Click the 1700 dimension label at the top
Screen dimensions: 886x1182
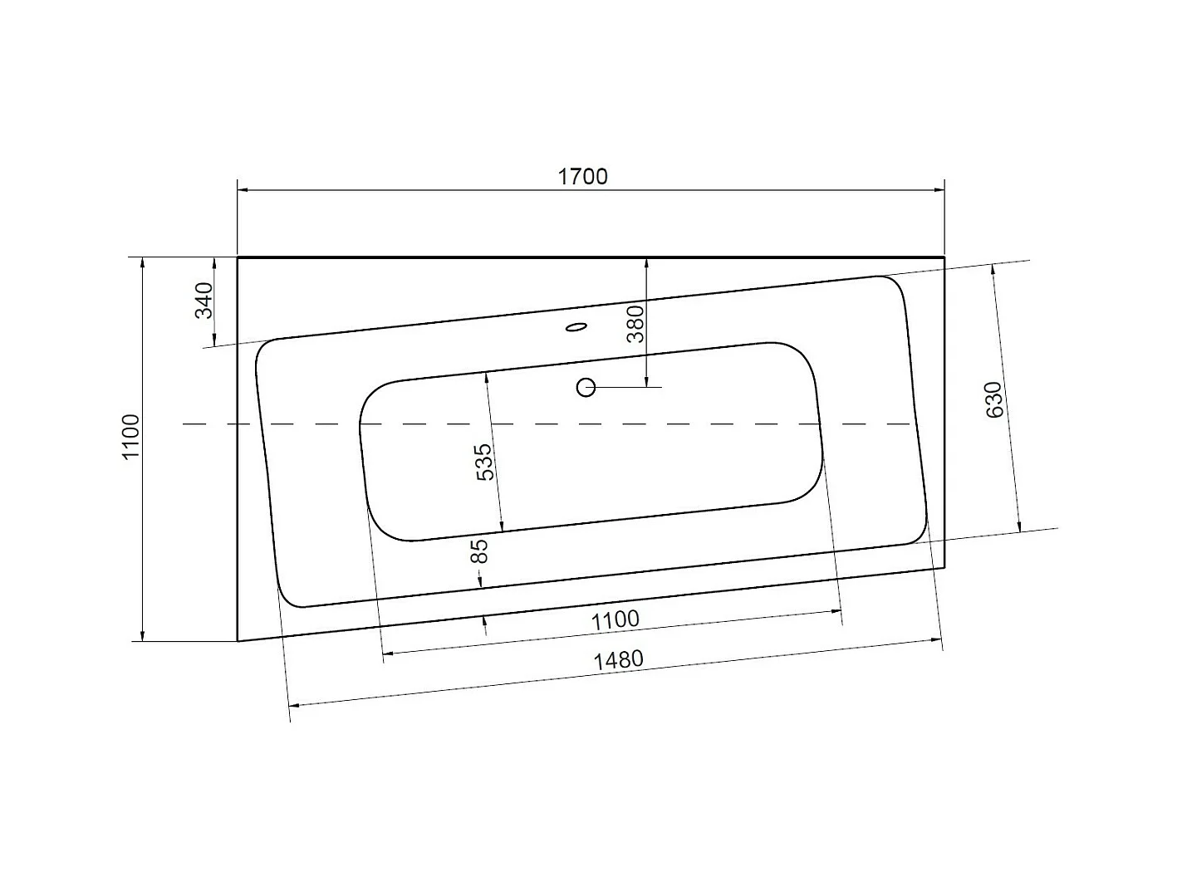point(582,177)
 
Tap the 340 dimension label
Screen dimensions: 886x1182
point(204,301)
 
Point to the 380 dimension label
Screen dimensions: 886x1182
point(635,324)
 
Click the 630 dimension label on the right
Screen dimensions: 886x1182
point(994,399)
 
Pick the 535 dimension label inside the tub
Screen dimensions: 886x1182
point(484,463)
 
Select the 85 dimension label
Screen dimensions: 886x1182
point(479,551)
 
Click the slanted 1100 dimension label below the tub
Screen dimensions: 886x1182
point(616,619)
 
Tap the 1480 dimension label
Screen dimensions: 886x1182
point(619,660)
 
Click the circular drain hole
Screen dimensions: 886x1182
point(586,387)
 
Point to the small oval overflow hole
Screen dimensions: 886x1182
point(575,328)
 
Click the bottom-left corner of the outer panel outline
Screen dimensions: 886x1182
point(238,641)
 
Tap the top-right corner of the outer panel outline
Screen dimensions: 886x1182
point(944,257)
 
